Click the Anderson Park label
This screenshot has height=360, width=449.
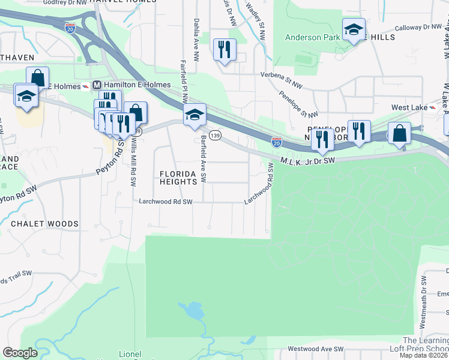tap(312, 37)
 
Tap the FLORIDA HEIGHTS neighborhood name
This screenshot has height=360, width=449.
tap(178, 177)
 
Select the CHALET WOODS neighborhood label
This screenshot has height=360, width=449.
tap(44, 224)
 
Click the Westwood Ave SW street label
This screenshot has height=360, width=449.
tap(315, 349)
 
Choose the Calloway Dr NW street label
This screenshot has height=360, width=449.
tap(418, 27)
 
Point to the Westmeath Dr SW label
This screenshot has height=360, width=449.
tap(424, 305)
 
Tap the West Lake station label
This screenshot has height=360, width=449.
tap(409, 107)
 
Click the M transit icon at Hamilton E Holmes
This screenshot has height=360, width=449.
tap(95, 86)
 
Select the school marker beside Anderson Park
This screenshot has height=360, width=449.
tap(354, 29)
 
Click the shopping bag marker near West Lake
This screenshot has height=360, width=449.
tap(400, 133)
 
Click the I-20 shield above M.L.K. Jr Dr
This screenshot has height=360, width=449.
tap(276, 142)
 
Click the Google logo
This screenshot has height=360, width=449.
tap(20, 353)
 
